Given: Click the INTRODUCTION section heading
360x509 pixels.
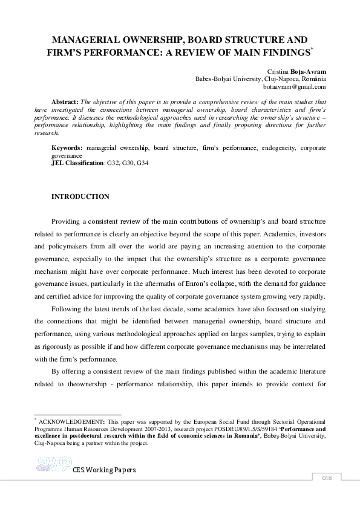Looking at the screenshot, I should point(80,197).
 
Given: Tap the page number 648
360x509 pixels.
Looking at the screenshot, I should point(327,479).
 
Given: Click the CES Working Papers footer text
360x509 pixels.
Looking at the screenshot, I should point(103,470).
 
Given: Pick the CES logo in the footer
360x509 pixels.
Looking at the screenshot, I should point(51,464).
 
